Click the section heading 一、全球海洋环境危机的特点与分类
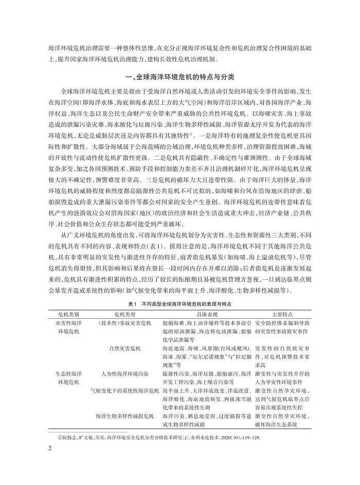(179, 78)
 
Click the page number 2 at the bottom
(49, 447)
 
